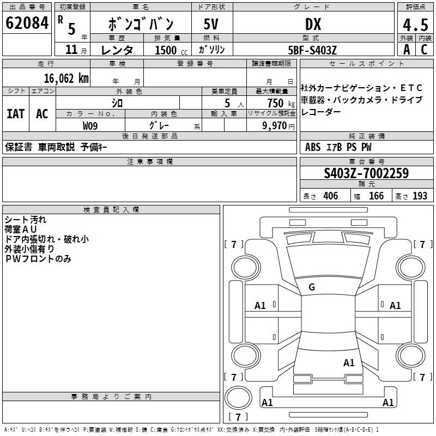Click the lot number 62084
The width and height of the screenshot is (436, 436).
click(x=27, y=23)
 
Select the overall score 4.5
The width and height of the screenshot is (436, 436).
click(x=415, y=25)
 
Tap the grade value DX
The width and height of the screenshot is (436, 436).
click(x=313, y=24)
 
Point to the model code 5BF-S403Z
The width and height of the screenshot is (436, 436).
click(x=312, y=50)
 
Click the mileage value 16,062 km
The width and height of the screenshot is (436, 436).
click(x=66, y=78)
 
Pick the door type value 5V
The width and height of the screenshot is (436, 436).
click(x=211, y=24)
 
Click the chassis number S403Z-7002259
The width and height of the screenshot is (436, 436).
click(x=366, y=173)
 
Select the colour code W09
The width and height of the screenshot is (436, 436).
click(x=90, y=126)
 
